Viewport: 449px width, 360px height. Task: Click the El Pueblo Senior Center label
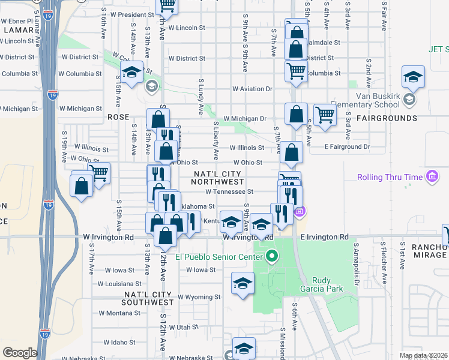pos(220,257)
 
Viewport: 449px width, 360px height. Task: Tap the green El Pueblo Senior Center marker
pos(271,257)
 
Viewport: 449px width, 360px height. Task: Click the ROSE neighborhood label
pos(118,117)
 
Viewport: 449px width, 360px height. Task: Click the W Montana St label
pos(119,313)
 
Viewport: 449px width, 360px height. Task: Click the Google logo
pos(19,353)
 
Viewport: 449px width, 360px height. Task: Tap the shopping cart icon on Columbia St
pos(296,71)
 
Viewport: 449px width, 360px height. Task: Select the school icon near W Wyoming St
pos(242,284)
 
